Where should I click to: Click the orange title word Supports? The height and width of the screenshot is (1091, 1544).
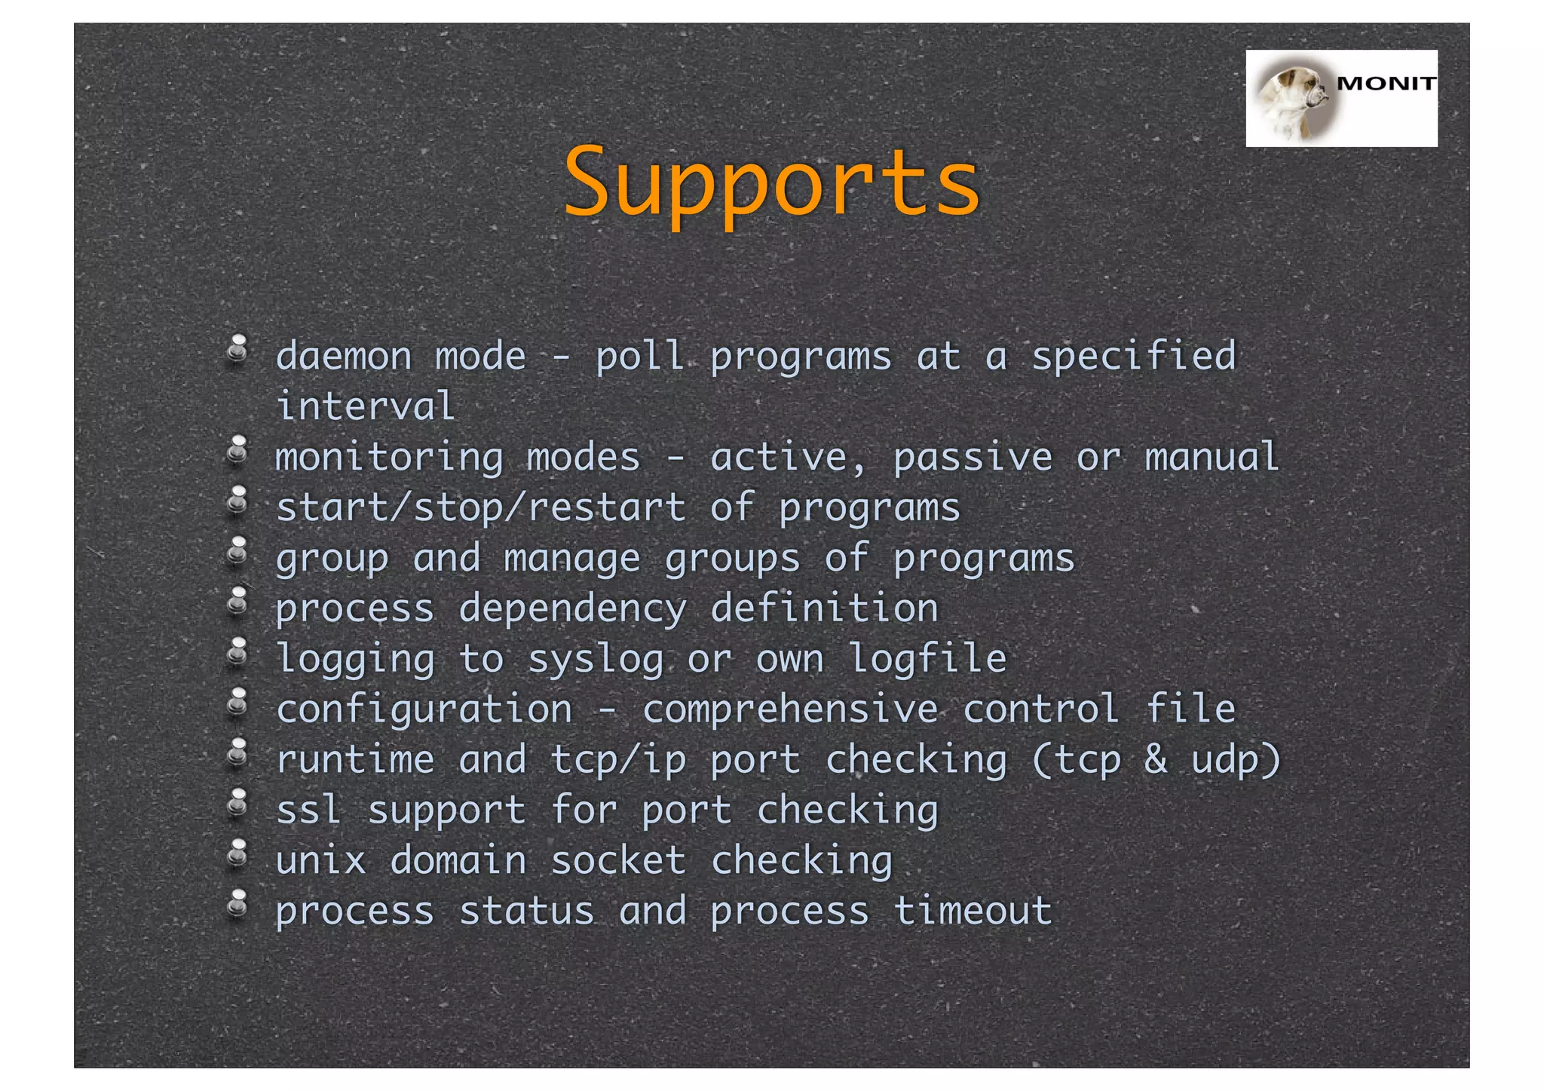[x=771, y=183]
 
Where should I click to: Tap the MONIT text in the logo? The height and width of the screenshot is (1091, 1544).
[x=1386, y=84]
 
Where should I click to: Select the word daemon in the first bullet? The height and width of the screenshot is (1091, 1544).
[x=343, y=356]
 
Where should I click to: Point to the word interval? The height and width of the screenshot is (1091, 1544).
[x=366, y=406]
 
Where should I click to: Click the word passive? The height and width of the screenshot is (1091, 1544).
[x=973, y=458]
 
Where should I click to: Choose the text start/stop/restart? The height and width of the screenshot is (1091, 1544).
[x=481, y=507]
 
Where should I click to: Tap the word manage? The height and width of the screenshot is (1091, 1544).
[x=571, y=559]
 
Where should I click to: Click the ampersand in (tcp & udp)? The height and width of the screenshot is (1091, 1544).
[x=1155, y=758]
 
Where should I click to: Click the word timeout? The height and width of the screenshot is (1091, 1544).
[x=973, y=911]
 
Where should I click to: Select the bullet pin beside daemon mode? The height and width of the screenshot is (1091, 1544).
[x=237, y=349]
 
